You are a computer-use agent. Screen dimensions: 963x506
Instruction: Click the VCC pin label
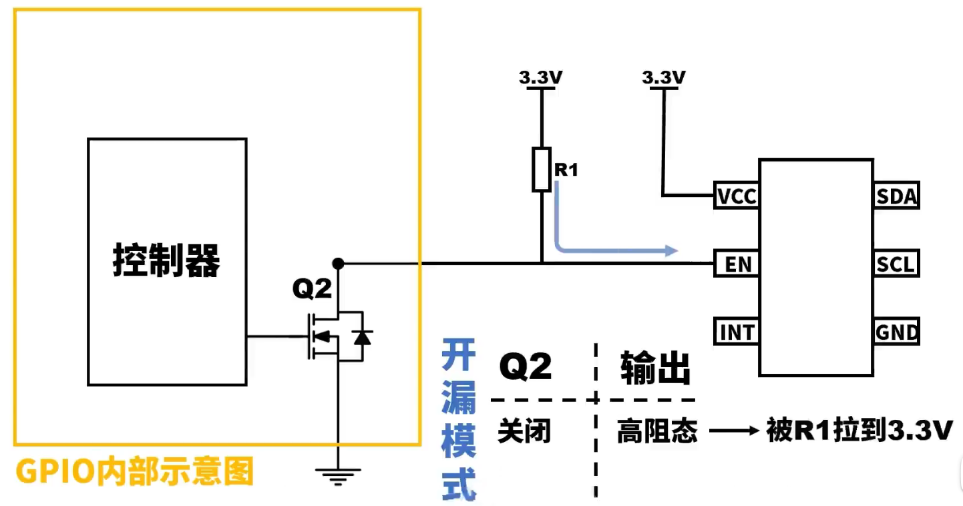737,196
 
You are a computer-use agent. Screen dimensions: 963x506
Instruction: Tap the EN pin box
737,264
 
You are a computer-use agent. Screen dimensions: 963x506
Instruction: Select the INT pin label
737,332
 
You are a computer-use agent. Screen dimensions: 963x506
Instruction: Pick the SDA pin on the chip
896,196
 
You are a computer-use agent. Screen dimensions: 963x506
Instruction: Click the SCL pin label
896,264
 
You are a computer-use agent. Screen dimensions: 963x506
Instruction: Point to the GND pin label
896,332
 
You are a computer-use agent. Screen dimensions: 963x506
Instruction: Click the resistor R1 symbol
542,170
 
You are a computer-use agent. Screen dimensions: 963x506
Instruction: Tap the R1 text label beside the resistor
566,170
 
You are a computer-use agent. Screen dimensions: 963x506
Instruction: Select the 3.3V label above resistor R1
540,77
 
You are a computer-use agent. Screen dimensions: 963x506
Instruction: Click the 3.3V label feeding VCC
664,77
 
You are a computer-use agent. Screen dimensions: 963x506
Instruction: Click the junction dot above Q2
339,263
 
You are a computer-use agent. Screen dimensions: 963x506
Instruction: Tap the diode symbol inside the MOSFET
362,338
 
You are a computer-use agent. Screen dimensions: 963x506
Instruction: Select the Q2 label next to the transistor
312,288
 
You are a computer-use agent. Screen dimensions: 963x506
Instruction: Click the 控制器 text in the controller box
166,260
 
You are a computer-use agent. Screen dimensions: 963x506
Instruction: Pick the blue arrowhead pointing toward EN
671,250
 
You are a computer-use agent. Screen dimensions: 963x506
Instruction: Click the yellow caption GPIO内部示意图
134,471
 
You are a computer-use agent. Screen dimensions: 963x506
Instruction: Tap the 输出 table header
655,368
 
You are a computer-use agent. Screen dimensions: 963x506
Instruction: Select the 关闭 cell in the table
524,431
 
